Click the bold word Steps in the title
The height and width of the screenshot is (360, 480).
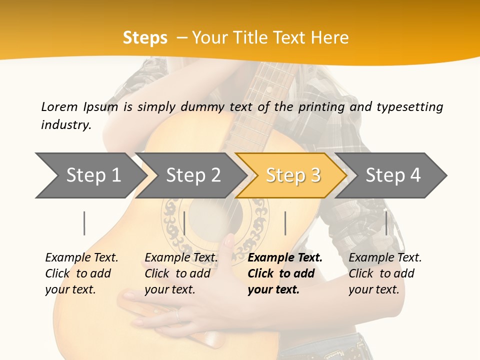pyautogui.click(x=145, y=38)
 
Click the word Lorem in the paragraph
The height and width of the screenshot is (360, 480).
pyautogui.click(x=59, y=106)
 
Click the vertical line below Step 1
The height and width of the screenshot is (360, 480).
pyautogui.click(x=84, y=223)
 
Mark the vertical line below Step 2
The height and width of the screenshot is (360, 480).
pyautogui.click(x=184, y=223)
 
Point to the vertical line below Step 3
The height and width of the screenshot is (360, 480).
pyautogui.click(x=285, y=223)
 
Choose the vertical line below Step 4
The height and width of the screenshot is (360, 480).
pyautogui.click(x=386, y=223)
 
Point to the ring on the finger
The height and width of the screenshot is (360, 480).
pyautogui.click(x=177, y=314)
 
